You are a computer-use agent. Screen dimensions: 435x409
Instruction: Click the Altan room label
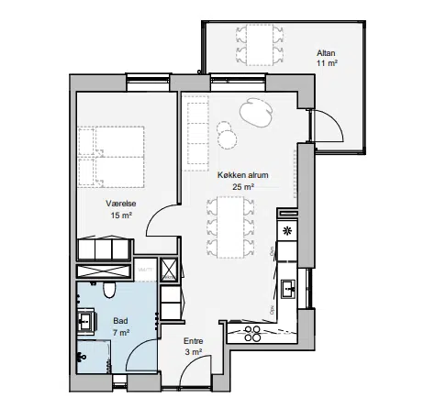click(326, 53)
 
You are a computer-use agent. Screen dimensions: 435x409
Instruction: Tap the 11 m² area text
click(327, 63)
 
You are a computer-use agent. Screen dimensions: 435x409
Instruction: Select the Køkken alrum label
click(243, 175)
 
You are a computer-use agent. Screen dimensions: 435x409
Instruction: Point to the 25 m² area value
click(243, 186)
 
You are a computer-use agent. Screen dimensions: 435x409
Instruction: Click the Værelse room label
click(121, 204)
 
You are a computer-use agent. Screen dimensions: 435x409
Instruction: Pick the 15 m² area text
click(121, 216)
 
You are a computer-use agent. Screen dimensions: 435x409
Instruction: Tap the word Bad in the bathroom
click(120, 321)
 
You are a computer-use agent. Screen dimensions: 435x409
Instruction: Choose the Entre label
click(194, 341)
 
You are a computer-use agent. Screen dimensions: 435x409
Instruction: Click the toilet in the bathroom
click(109, 290)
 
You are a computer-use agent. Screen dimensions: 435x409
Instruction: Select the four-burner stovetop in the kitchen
click(252, 333)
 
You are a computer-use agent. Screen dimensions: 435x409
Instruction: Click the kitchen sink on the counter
click(288, 289)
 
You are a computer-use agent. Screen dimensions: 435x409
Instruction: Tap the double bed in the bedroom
click(111, 157)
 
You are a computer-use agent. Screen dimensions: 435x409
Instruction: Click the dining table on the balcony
click(260, 45)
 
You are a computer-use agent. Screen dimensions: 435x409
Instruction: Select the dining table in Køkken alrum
click(230, 227)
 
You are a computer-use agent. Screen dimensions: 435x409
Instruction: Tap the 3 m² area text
click(194, 352)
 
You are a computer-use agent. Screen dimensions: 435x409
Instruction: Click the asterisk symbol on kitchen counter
click(287, 231)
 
